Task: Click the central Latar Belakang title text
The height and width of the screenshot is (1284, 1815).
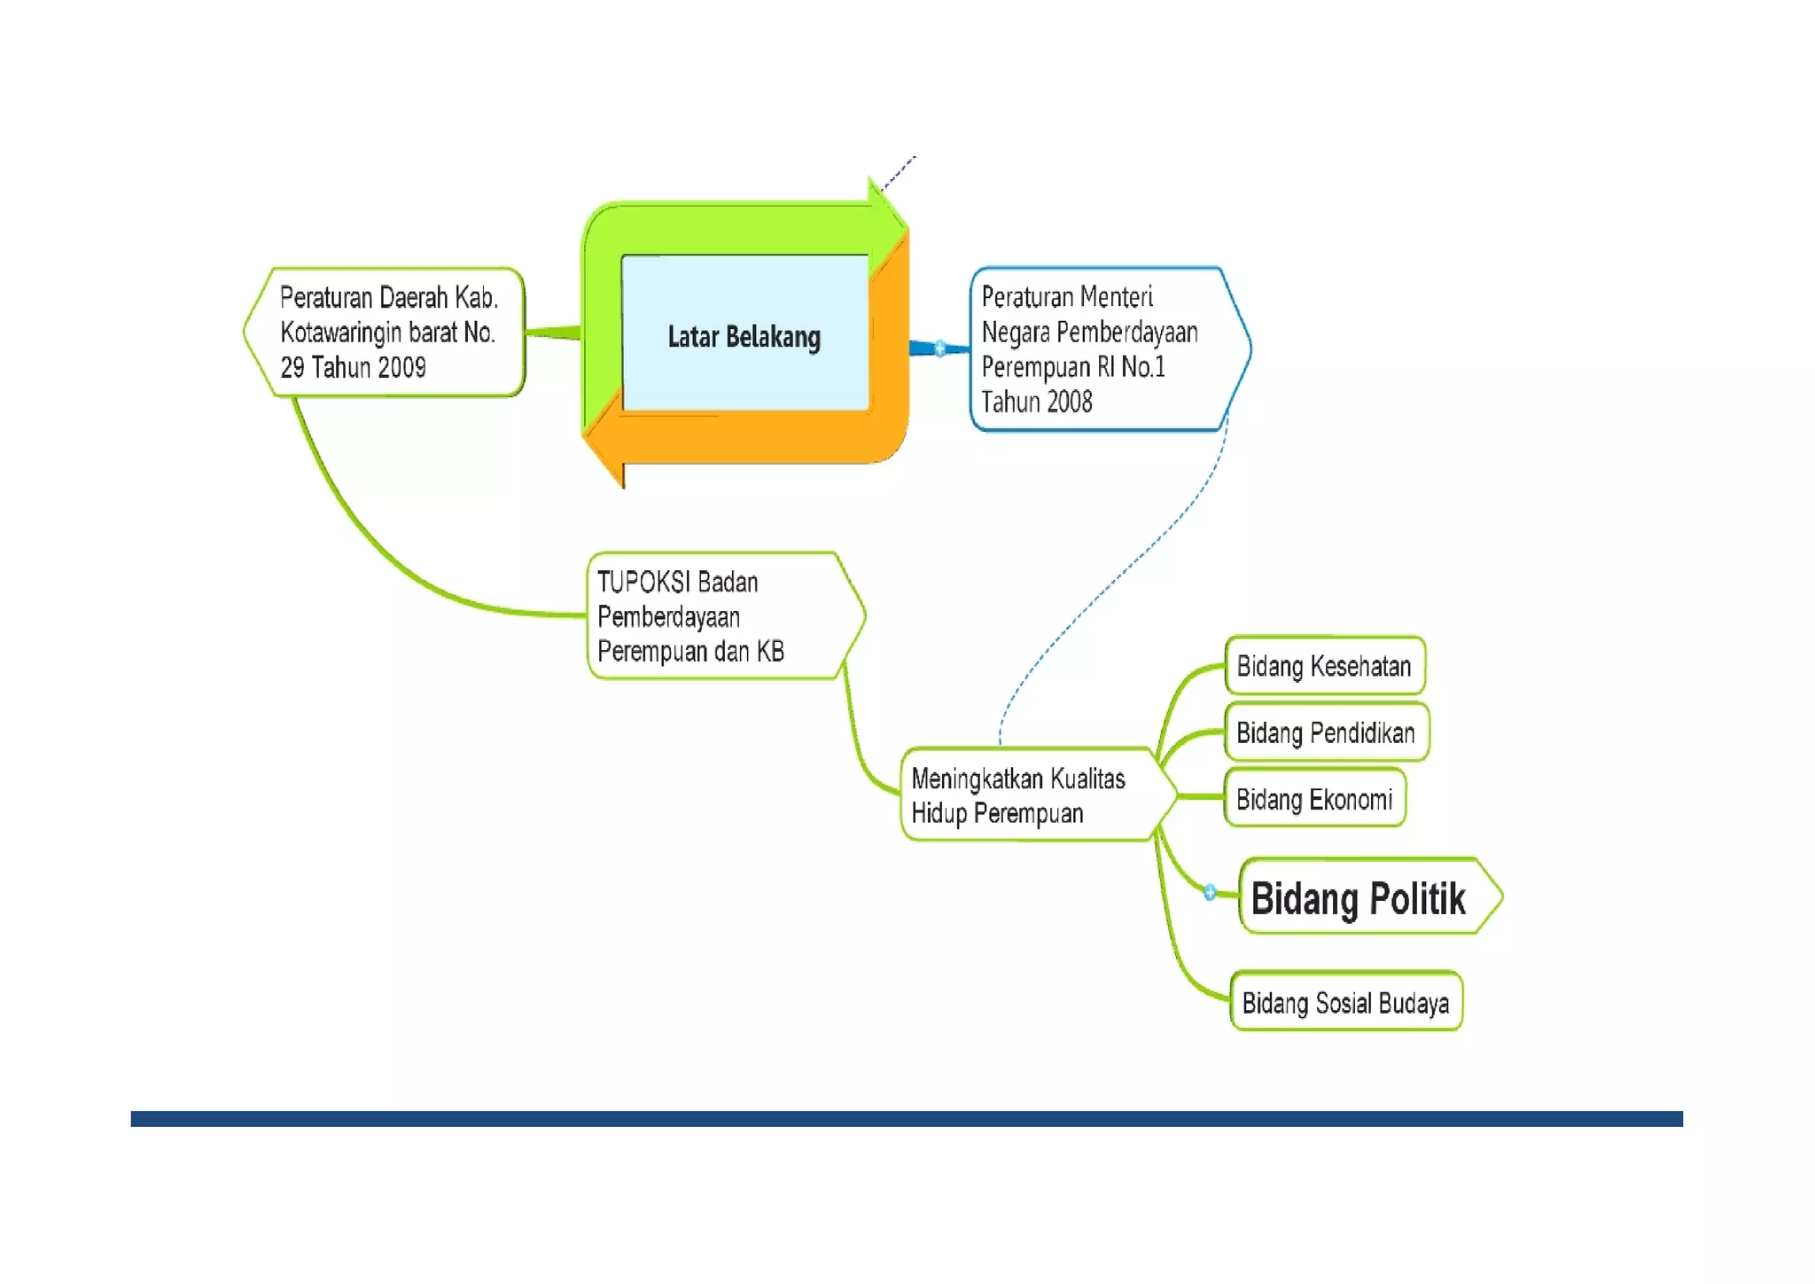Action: pyautogui.click(x=744, y=337)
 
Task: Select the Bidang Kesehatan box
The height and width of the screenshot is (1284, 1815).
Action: pyautogui.click(x=1324, y=666)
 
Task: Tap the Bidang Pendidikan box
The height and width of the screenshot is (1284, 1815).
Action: pyautogui.click(x=1326, y=732)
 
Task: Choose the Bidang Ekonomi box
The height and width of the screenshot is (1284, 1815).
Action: pyautogui.click(x=1314, y=799)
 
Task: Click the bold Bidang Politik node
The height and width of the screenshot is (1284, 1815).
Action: pyautogui.click(x=1365, y=897)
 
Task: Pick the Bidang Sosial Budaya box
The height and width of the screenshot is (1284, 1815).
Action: pyautogui.click(x=1345, y=1003)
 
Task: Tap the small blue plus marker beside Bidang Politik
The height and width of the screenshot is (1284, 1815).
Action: pyautogui.click(x=1210, y=892)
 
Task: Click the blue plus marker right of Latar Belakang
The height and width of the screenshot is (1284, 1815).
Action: pyautogui.click(x=939, y=348)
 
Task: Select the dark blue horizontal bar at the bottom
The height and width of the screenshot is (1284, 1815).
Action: pyautogui.click(x=906, y=1118)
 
